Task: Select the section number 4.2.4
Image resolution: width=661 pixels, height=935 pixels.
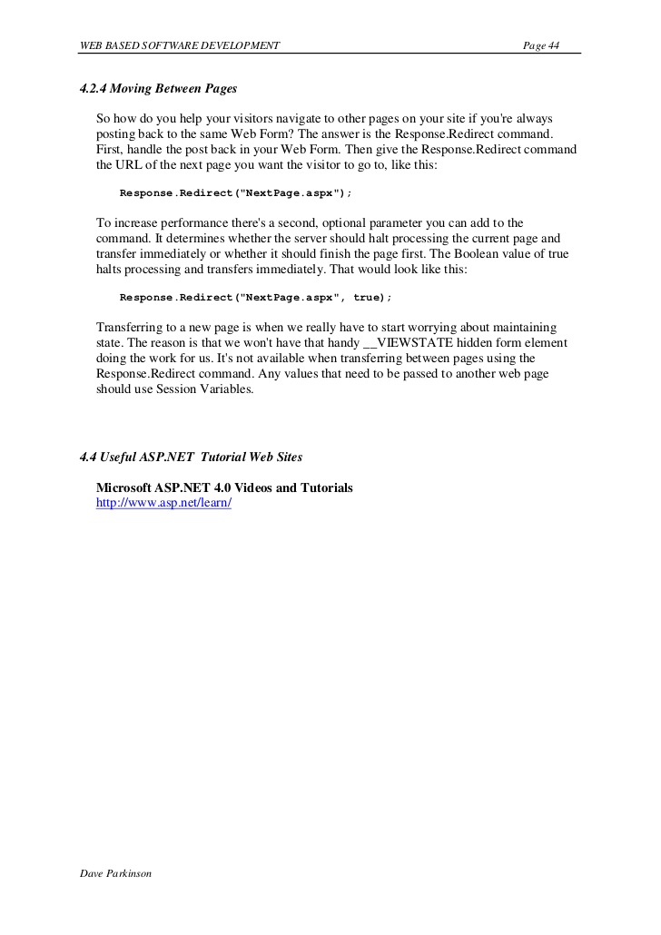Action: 94,89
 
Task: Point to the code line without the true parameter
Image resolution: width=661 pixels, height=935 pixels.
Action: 235,193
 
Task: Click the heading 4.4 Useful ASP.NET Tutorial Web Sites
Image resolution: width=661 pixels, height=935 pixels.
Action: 192,456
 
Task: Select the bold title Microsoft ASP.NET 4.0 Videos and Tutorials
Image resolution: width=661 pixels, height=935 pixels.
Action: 224,487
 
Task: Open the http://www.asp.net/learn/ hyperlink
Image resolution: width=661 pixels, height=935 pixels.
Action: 163,503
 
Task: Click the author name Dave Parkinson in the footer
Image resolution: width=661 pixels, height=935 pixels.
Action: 115,873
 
